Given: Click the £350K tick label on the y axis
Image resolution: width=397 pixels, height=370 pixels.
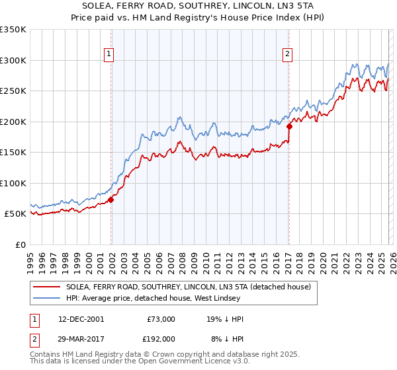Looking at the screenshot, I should tap(13, 30).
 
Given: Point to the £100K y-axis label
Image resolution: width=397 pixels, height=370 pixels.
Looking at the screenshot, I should tap(13, 183).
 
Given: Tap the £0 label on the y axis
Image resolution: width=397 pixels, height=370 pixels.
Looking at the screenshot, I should tap(21, 244).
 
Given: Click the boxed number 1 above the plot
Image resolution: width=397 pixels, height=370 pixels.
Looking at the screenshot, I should tap(109, 55).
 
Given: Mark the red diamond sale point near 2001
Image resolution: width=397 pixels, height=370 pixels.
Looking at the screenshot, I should tap(111, 200).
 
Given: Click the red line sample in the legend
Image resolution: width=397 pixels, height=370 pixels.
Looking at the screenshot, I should tap(47, 287).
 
